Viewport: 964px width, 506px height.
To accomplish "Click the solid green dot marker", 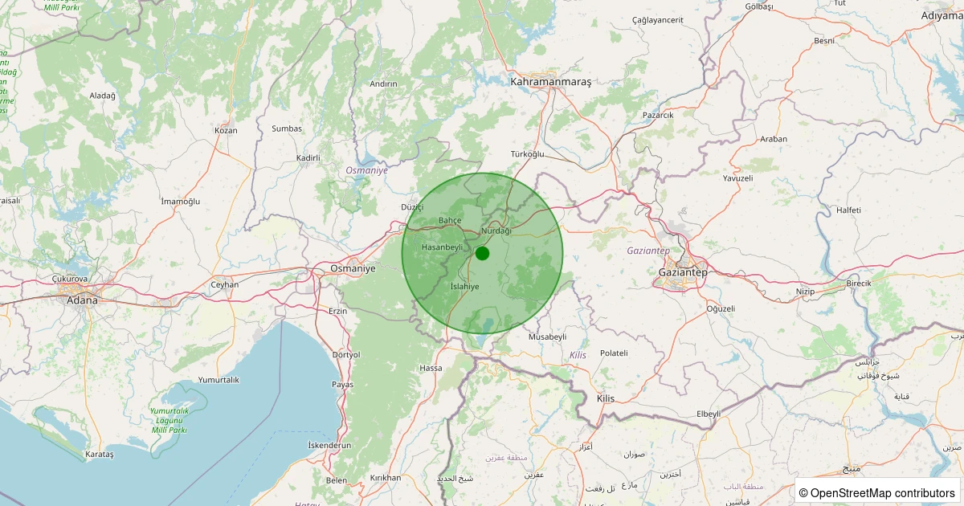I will (482, 253).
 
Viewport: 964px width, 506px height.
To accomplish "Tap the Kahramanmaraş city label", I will (550, 82).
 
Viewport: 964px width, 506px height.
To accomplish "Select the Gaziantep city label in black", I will (683, 272).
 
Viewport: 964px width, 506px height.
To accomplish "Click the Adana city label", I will (82, 300).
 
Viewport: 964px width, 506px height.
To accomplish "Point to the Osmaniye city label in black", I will (353, 268).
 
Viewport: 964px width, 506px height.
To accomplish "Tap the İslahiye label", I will (464, 286).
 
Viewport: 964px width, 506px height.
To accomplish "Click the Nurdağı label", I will (495, 231).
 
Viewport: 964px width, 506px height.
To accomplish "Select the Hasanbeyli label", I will (443, 247).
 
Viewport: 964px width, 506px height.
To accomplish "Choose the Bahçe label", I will (449, 220).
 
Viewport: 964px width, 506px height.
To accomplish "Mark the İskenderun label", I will (329, 445).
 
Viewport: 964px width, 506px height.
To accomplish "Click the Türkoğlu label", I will (527, 153).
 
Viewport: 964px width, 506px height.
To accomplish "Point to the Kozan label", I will (226, 130).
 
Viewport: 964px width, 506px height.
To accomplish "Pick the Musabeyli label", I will (547, 337).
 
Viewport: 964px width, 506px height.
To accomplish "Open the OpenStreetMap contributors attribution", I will (878, 492).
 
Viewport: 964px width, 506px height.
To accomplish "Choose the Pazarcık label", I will (658, 115).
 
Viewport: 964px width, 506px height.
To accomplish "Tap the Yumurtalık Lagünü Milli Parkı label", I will (169, 420).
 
